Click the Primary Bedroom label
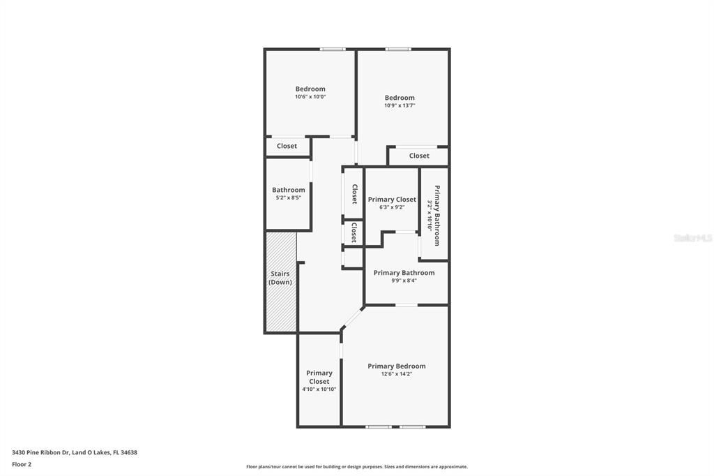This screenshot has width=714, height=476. (396, 366)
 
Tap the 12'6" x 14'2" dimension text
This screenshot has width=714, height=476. (396, 374)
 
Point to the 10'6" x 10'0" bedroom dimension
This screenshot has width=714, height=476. (310, 97)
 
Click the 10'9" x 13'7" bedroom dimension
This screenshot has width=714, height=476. (400, 105)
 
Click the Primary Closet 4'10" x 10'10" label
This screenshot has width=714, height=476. (319, 381)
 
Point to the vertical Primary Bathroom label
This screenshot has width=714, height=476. (437, 215)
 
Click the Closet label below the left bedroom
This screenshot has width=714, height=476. (287, 147)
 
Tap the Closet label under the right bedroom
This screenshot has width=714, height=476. (419, 156)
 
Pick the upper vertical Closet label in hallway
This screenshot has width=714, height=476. (354, 194)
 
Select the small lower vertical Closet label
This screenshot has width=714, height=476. (354, 232)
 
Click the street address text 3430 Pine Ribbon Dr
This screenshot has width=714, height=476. (74, 452)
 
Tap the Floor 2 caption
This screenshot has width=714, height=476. (22, 464)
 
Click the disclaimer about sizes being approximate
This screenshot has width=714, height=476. (356, 467)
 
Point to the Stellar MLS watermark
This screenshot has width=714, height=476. (693, 238)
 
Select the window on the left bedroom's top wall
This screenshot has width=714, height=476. (333, 49)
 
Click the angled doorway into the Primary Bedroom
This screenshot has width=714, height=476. (352, 318)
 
